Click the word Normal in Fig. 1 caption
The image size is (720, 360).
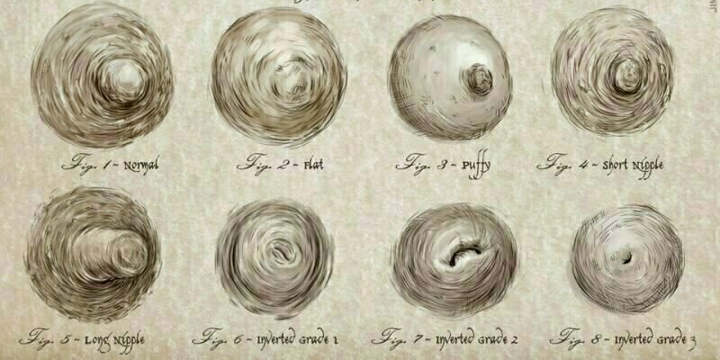pos(141,165)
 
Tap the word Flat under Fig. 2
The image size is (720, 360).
pos(313,165)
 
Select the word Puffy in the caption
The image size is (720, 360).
pos(476,166)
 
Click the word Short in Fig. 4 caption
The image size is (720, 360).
pos(616,165)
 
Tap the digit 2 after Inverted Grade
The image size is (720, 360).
pos(514,340)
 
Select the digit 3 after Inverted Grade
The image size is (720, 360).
pos(692,341)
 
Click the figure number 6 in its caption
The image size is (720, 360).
pos(238,340)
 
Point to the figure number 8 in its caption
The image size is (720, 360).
pos(595,340)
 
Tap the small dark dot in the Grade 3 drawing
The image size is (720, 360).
pos(626,258)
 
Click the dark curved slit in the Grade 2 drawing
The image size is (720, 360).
pos(463,254)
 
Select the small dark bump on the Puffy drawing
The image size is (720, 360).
pos(480,80)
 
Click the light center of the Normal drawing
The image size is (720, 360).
pos(123,81)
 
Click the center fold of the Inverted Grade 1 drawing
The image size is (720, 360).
pos(279,251)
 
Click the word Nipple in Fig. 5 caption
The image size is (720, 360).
pos(126,341)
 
